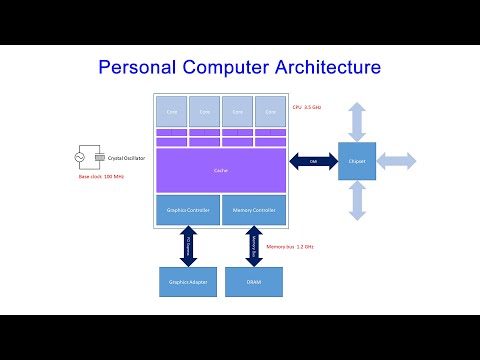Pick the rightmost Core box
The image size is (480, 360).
(271, 111)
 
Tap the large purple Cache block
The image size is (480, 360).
(221, 170)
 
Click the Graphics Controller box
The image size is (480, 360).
(187, 210)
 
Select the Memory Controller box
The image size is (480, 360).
(255, 210)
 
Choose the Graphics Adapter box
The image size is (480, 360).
(187, 281)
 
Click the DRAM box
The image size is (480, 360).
(254, 281)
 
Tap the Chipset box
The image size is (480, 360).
(357, 161)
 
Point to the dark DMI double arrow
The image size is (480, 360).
(312, 161)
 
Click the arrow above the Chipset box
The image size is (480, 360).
(357, 119)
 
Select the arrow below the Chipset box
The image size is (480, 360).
(357, 200)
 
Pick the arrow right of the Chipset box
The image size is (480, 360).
(397, 161)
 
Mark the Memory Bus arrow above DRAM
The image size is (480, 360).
(254, 246)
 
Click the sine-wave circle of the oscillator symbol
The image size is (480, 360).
(81, 156)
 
